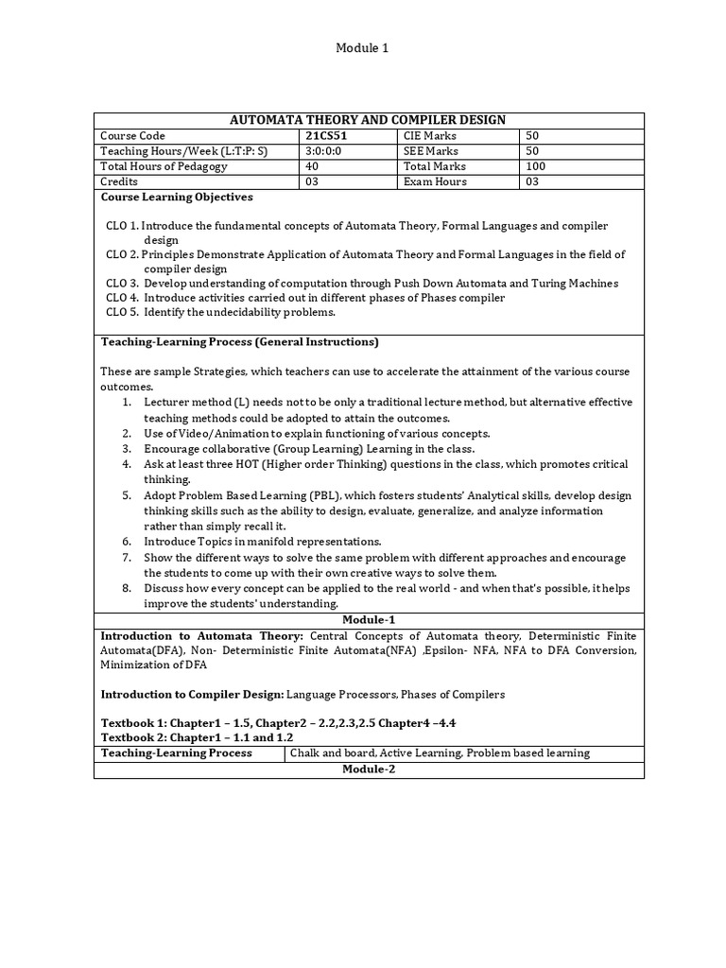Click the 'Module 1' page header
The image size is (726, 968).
tap(363, 47)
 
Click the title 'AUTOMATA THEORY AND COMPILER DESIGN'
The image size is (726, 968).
tap(369, 120)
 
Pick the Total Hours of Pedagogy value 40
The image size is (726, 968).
tap(313, 166)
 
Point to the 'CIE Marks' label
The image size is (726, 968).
tap(430, 136)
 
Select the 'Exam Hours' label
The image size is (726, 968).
tap(435, 181)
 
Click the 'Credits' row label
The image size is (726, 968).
tap(119, 181)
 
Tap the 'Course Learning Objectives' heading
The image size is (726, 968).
tap(177, 198)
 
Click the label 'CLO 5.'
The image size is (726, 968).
tap(123, 312)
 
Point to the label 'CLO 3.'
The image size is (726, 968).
tap(123, 283)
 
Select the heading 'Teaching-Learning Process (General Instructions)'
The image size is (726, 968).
tap(240, 341)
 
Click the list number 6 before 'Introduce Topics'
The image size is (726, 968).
tap(126, 542)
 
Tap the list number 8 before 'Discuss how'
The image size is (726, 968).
tap(126, 588)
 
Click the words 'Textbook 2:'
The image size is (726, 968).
tap(133, 737)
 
